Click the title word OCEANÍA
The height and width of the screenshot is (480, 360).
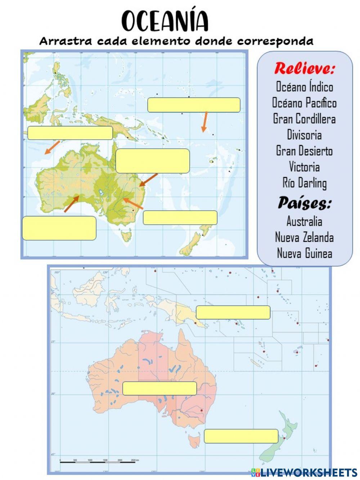[165, 21]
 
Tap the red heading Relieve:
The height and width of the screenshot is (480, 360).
[304, 68]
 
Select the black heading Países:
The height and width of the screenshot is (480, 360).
[304, 203]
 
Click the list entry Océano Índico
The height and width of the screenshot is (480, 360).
[304, 87]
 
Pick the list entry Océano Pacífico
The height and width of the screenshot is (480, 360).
[304, 103]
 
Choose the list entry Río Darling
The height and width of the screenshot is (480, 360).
[304, 183]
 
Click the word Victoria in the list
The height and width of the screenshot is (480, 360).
[304, 167]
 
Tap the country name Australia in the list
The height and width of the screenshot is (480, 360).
[304, 221]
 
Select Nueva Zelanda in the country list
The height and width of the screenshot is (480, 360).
[304, 237]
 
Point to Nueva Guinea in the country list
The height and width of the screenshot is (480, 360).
[304, 253]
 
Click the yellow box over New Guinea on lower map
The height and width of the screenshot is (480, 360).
[233, 312]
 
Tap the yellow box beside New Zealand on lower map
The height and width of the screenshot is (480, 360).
[241, 436]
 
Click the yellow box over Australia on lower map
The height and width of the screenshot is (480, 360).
[159, 388]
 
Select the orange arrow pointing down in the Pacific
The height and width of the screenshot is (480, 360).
[204, 122]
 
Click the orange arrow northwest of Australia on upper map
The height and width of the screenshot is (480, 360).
[52, 147]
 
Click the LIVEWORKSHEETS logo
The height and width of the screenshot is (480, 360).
[304, 472]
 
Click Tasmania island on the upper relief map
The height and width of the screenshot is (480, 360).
[126, 236]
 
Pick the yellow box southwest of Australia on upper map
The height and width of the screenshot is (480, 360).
[59, 228]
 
